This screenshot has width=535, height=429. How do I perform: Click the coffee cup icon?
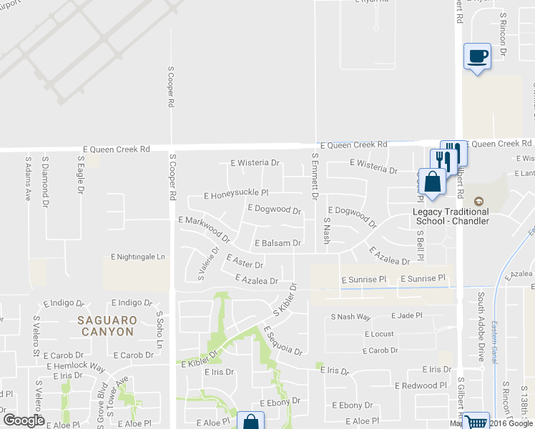(x=477, y=55)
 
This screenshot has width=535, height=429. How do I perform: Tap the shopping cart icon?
(x=475, y=422)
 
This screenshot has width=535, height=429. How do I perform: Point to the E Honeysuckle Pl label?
(x=235, y=194)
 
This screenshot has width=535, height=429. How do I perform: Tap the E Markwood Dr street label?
(x=204, y=228)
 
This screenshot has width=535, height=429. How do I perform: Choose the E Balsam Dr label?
(x=278, y=243)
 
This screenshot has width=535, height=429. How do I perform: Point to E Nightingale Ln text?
(x=138, y=257)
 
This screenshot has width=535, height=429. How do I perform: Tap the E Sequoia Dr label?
(x=283, y=341)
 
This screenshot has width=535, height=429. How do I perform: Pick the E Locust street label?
(x=379, y=334)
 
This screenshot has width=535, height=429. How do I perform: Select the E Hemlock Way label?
(x=76, y=367)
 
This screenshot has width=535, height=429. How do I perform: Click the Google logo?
(x=24, y=420)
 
